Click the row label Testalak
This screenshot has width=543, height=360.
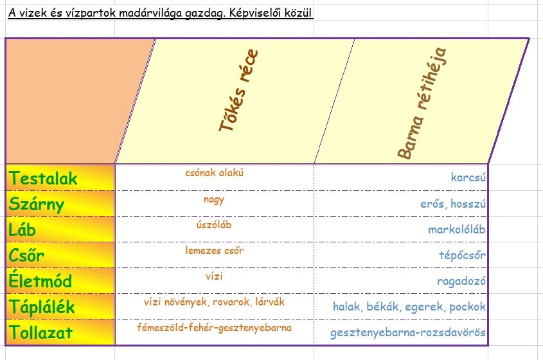coord(44,178)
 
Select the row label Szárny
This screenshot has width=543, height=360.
coord(37,204)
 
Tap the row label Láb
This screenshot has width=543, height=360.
coord(24,230)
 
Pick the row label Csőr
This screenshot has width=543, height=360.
coord(27,255)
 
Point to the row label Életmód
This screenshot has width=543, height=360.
coord(41,281)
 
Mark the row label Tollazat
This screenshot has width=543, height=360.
coord(41,332)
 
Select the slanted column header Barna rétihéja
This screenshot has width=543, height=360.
coord(422,103)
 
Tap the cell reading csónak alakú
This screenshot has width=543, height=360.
coord(214,172)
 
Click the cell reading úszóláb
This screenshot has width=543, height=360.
coord(214,225)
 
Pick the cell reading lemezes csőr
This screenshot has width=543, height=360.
coord(214,251)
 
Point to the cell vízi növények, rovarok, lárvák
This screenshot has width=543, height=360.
coord(214,301)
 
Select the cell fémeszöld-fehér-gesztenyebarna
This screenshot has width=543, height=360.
coord(214,328)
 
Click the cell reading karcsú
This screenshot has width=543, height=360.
coord(468,177)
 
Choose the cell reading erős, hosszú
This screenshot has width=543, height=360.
coord(449,204)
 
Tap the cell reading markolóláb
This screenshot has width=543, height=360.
coord(456,230)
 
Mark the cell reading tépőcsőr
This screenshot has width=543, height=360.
coord(461,255)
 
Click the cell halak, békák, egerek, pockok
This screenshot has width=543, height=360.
coord(409,307)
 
